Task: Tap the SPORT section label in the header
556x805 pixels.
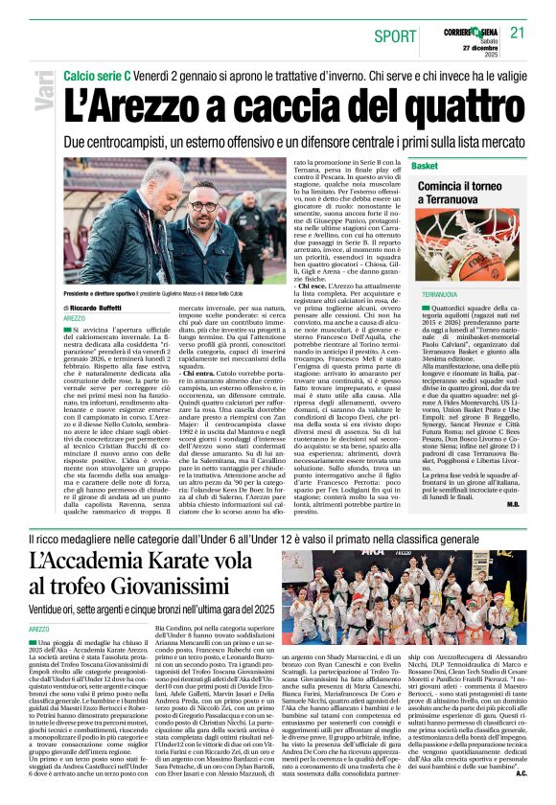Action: [x=395, y=35]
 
